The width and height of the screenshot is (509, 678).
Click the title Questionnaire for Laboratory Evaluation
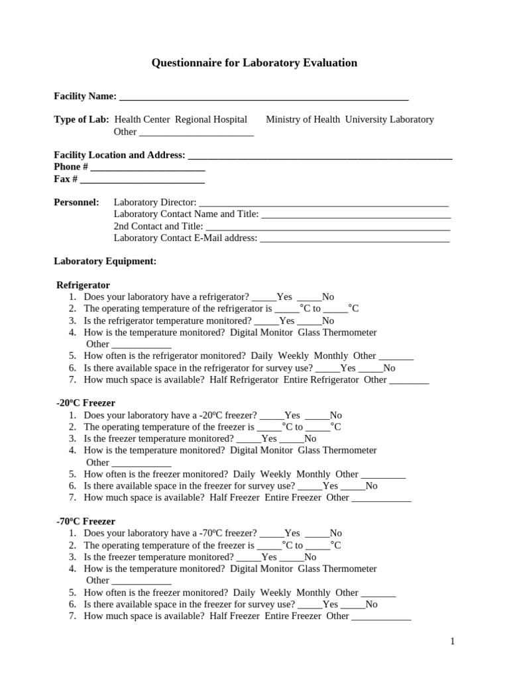(254, 63)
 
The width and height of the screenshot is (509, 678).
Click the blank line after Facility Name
(263, 97)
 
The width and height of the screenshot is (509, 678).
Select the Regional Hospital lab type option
(211, 119)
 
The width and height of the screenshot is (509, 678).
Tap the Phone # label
(71, 167)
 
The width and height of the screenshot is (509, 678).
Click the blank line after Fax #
(142, 180)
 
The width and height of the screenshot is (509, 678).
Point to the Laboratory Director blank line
(323, 203)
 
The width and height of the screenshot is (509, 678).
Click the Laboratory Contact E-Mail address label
(186, 238)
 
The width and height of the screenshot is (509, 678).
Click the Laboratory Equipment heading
(105, 261)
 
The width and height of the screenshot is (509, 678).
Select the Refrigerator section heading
(83, 285)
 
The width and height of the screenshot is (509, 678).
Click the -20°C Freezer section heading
(85, 403)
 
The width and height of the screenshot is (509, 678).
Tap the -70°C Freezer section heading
(85, 521)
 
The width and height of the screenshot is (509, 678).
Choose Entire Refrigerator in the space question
(321, 379)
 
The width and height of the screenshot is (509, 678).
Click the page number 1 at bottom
(452, 641)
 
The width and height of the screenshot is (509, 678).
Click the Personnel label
(76, 202)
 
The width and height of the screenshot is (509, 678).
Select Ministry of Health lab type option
(302, 119)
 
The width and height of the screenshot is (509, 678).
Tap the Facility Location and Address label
(119, 155)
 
